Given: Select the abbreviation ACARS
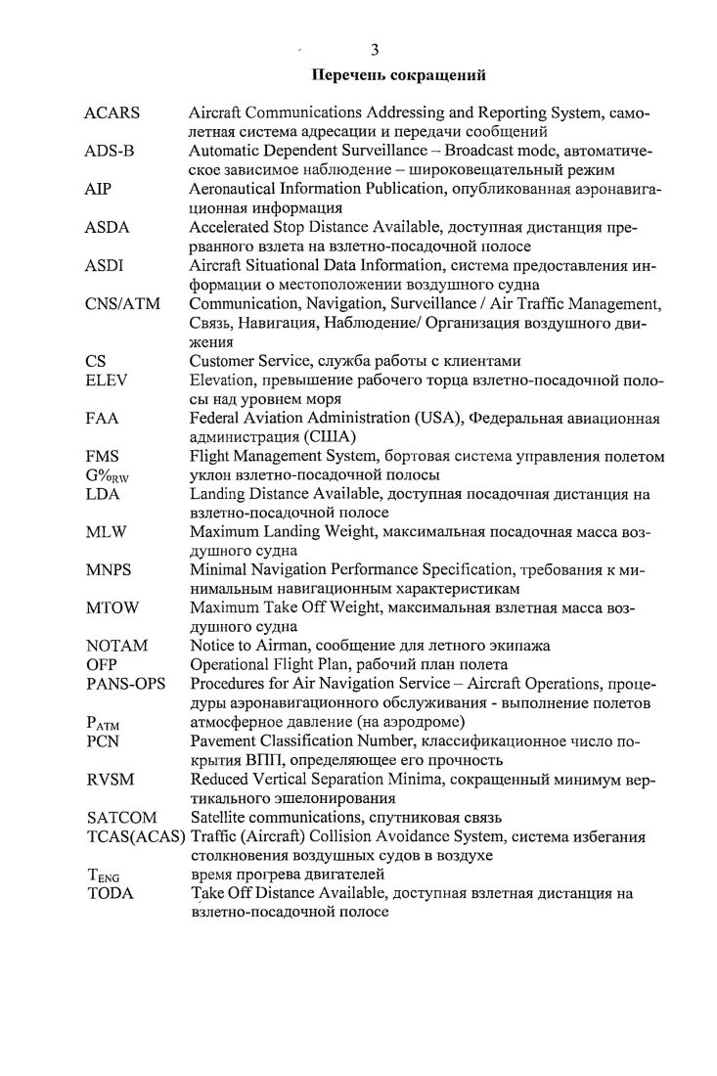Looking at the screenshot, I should (x=112, y=113).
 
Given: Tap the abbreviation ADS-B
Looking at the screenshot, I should (x=110, y=153).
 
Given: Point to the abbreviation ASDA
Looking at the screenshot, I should (x=108, y=228).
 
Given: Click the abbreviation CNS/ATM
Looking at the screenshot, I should (x=123, y=304).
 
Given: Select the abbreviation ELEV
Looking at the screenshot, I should (x=106, y=380).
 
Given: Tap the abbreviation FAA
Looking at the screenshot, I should (x=102, y=418).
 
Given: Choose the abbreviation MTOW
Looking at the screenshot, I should (x=112, y=607).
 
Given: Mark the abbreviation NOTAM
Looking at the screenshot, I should (x=115, y=646).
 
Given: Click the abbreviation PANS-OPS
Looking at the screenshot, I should (x=125, y=684).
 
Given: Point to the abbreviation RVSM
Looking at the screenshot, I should (x=109, y=779).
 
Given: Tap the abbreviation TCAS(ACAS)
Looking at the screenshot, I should (x=135, y=836).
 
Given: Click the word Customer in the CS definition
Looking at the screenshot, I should (x=223, y=361).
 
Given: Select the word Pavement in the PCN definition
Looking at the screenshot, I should (x=224, y=740).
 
